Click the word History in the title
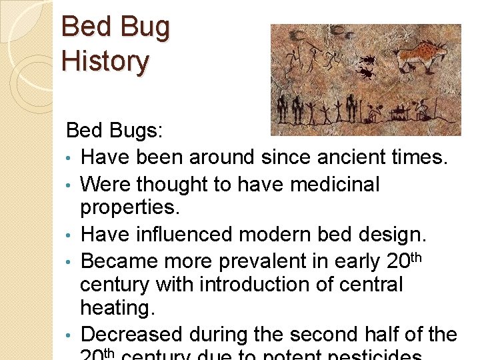point(105,61)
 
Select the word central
point(373,285)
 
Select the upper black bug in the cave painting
point(366,59)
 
